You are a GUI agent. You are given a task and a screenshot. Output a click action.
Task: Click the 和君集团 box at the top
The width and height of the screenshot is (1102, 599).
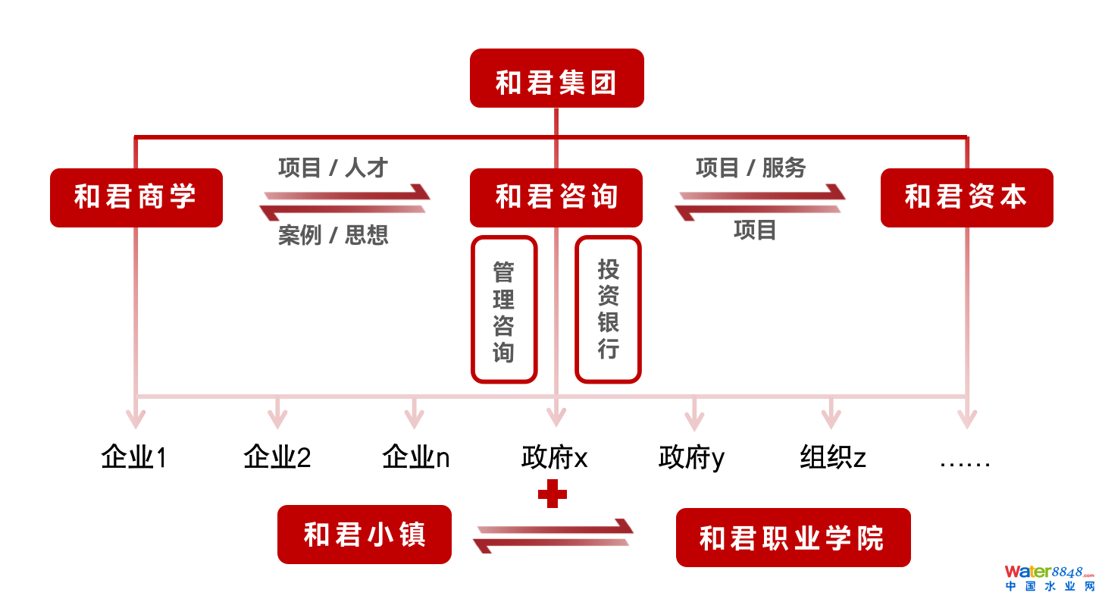(556, 79)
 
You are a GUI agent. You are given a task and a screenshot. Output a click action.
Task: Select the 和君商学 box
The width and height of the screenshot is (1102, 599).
(136, 198)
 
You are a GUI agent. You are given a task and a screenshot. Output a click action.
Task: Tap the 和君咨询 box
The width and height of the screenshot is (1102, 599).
(556, 198)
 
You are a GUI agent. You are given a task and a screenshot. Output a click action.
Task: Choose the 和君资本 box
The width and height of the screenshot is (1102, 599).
(966, 198)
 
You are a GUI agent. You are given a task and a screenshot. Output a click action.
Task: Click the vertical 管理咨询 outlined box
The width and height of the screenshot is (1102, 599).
(504, 309)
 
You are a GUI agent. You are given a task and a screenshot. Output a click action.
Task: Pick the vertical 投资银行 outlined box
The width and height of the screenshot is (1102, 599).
(608, 309)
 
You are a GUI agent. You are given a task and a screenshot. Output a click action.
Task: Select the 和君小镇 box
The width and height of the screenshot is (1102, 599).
(365, 535)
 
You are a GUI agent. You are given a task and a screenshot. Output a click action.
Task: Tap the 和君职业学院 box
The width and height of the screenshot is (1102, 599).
(793, 538)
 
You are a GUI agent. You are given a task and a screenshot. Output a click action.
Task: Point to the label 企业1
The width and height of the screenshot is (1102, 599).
(134, 457)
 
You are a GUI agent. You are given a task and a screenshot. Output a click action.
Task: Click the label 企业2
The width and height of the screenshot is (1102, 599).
(277, 457)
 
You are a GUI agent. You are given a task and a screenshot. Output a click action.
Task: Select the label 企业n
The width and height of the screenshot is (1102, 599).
(416, 457)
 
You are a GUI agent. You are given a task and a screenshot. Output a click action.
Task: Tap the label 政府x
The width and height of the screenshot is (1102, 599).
(555, 457)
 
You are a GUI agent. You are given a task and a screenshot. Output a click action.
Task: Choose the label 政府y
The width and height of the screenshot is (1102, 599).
(692, 457)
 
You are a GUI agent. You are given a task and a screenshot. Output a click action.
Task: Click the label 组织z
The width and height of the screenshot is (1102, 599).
(833, 457)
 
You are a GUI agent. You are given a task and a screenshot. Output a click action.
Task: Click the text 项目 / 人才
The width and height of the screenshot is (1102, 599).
(333, 168)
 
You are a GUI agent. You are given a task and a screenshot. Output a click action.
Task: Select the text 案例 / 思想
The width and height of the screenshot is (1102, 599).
(333, 235)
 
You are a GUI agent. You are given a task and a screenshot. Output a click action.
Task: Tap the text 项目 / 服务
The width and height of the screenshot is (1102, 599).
(751, 168)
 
